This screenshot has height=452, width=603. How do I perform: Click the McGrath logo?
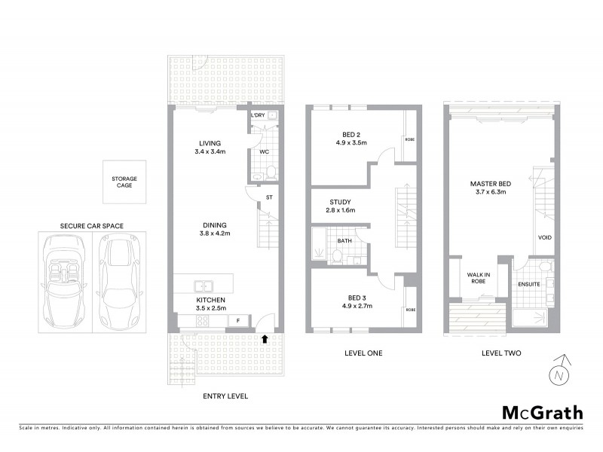tap(543, 412)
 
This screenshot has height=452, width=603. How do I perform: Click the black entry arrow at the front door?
tap(264, 338)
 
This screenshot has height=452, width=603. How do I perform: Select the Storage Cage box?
tap(124, 182)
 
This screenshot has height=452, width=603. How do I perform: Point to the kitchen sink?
tap(204, 286)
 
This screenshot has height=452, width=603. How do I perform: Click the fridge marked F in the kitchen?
tap(238, 321)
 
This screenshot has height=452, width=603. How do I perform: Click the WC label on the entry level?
tap(264, 151)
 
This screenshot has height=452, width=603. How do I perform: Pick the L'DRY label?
tap(259, 115)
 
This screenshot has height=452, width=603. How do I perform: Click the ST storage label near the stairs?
tap(268, 198)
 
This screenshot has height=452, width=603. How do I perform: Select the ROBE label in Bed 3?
tap(411, 309)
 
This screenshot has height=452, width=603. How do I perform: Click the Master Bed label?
tap(488, 183)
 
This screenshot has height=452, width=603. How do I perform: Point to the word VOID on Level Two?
tap(544, 237)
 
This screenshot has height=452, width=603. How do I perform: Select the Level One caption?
tap(362, 353)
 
